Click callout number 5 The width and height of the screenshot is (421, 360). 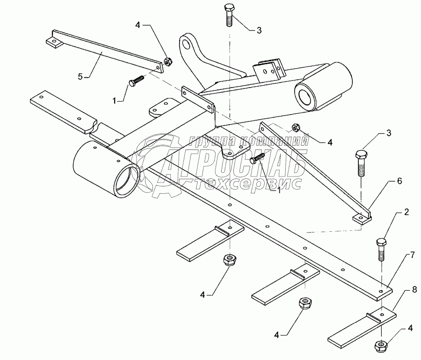(80, 77)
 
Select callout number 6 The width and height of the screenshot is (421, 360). (399, 181)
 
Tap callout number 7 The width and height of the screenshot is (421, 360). (412, 256)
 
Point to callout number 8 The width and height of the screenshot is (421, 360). (414, 291)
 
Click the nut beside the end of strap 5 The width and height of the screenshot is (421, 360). (168, 61)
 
